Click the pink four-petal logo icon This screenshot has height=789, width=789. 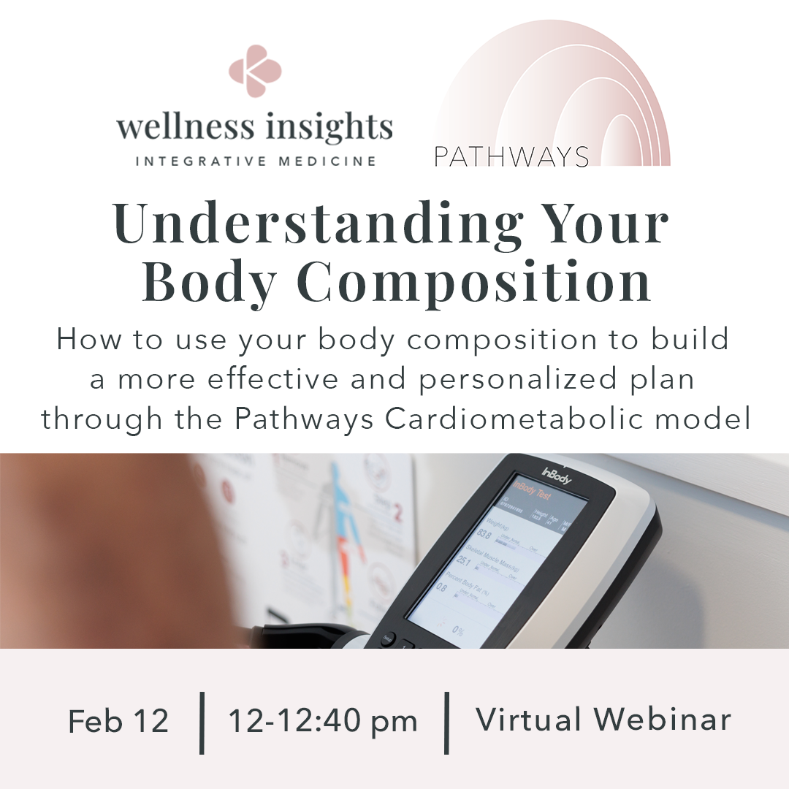[255, 71]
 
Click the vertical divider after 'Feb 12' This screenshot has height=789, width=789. [202, 722]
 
